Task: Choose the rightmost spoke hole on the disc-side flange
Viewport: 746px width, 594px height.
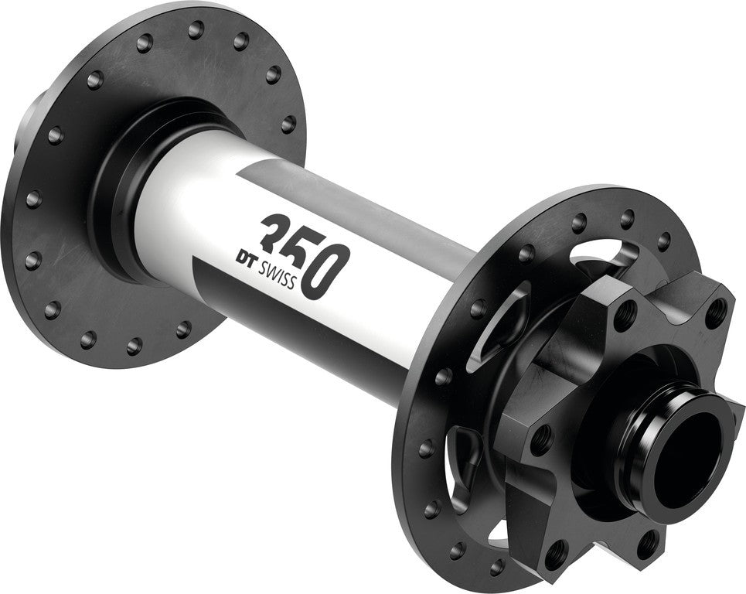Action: [663, 241]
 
